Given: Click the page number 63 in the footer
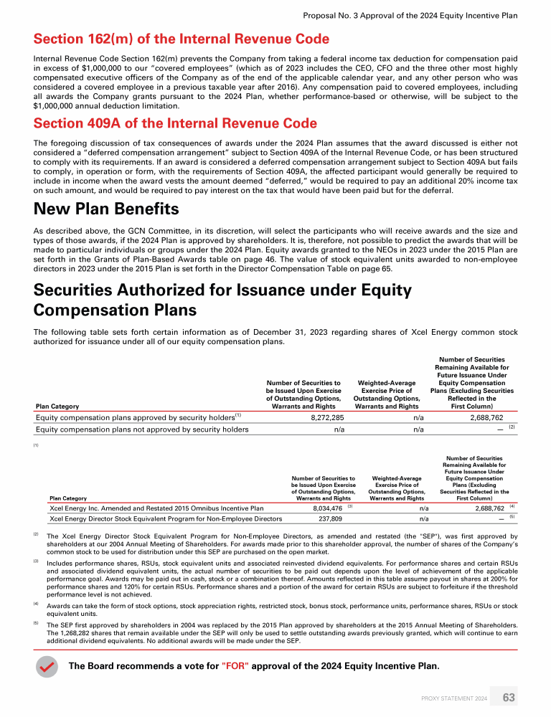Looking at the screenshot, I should click(x=509, y=698).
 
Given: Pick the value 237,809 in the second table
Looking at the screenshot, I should click(x=329, y=518).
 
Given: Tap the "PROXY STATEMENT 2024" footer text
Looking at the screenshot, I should click(x=454, y=698).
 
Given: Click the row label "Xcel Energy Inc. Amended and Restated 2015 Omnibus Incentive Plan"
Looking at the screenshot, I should click(x=153, y=508).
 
